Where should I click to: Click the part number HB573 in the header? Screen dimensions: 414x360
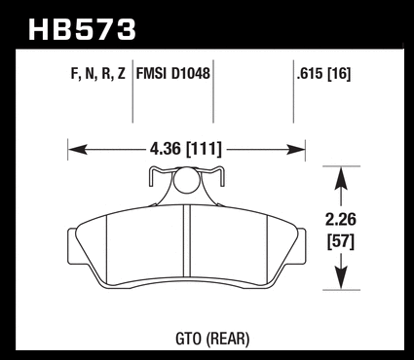[x=82, y=30]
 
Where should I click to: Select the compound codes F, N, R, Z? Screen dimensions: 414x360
[x=97, y=74]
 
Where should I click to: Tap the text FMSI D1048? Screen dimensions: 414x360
[x=173, y=74]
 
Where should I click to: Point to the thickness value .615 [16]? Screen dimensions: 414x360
[x=323, y=74]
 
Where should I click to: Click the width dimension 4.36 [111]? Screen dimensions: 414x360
[x=186, y=149]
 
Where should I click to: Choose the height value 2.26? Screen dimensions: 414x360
[x=341, y=220]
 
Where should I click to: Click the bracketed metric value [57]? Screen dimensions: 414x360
[x=341, y=241]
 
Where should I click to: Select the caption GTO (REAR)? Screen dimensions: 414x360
[x=212, y=339]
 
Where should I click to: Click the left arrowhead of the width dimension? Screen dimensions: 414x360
[x=78, y=150]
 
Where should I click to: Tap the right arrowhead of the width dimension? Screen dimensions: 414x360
[x=295, y=150]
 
